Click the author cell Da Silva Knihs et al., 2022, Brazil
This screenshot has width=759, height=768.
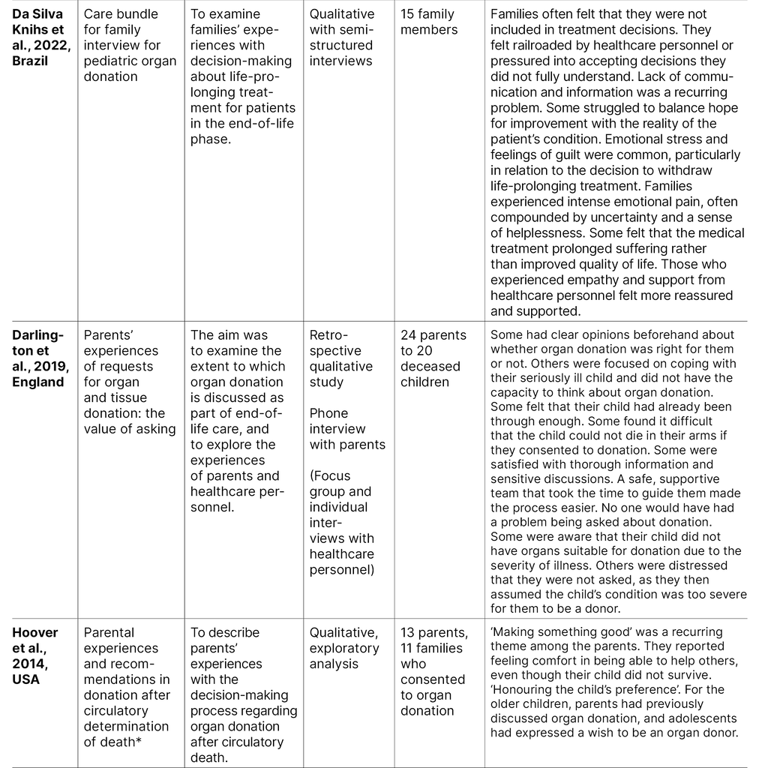(x=38, y=37)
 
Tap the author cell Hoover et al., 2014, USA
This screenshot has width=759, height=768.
(x=36, y=656)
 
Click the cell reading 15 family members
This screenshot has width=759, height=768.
(x=429, y=22)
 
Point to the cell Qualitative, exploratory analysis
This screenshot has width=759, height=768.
(x=344, y=648)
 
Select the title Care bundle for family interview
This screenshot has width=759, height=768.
(x=130, y=45)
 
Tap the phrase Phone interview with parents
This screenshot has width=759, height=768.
(x=346, y=429)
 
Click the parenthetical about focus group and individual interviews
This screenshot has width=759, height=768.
(x=342, y=523)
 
